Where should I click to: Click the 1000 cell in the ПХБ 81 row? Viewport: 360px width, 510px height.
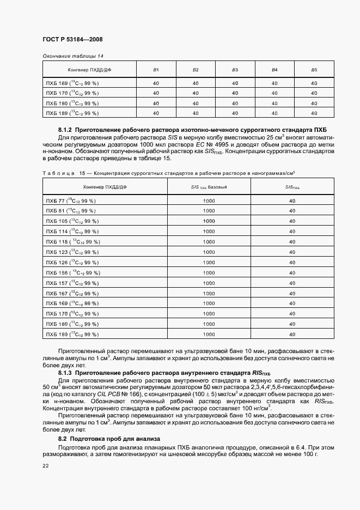coord(209,211)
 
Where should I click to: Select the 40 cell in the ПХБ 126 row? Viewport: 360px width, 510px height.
coord(292,262)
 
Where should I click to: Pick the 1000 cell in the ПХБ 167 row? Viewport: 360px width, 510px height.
coord(209,293)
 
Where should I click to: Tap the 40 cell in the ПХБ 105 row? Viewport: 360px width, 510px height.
coord(292,221)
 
